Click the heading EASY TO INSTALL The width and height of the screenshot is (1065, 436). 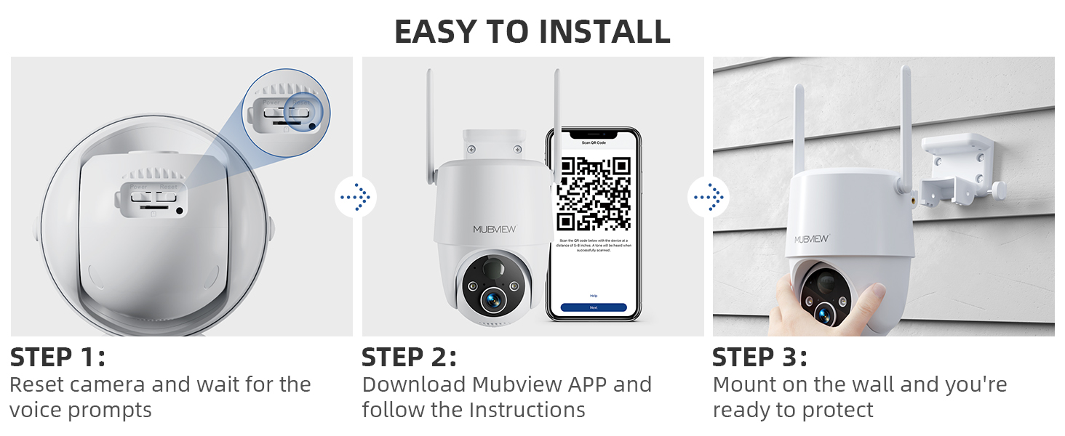tap(532, 31)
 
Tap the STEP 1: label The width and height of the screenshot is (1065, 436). tap(57, 358)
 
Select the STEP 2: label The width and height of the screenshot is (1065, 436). tap(409, 358)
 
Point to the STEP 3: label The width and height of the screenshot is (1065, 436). tap(759, 358)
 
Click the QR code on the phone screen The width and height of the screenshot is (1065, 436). tap(594, 193)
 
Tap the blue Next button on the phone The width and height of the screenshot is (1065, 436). tap(594, 307)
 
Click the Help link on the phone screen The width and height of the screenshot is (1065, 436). tap(594, 296)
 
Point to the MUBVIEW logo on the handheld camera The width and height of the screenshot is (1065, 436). tap(811, 238)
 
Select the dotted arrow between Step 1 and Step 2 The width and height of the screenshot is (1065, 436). tap(355, 196)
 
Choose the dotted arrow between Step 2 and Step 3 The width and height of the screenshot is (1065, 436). tap(708, 196)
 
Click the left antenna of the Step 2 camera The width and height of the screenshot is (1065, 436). tap(431, 124)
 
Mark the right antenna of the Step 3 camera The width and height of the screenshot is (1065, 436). tap(906, 124)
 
